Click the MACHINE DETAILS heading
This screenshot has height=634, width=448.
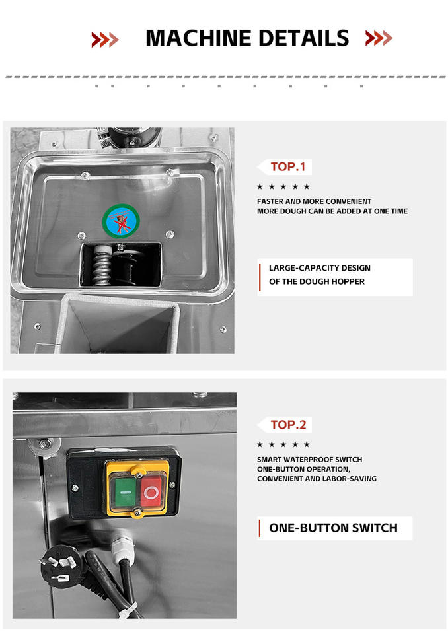tap(247, 38)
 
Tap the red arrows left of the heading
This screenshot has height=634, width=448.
tap(105, 39)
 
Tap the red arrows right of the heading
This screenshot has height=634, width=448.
tap(379, 38)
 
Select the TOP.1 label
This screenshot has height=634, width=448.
tap(287, 166)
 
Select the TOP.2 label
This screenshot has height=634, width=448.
tap(288, 425)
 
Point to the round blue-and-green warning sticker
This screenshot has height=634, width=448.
tap(121, 221)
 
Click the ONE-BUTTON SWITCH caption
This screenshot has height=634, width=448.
tap(333, 528)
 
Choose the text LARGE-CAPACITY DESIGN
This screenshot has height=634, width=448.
tap(320, 268)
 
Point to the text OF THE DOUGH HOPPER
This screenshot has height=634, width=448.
tap(317, 281)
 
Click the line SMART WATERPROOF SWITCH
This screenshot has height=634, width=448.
tap(310, 460)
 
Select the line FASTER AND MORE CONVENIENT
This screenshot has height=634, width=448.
tap(314, 201)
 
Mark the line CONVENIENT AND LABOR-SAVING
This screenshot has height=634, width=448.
tap(317, 479)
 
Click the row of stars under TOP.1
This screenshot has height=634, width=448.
tap(283, 186)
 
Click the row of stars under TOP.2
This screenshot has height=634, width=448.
tap(283, 444)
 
